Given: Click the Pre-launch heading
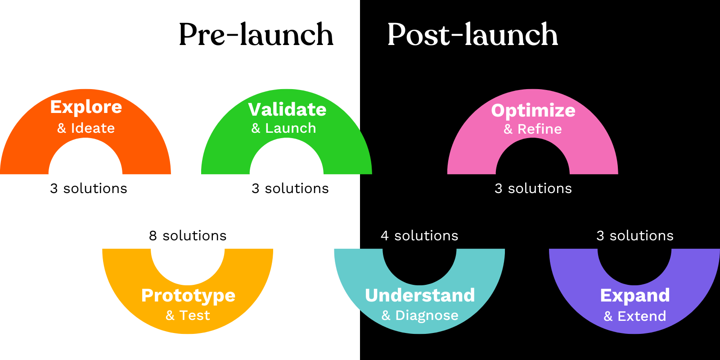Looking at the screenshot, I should [x=256, y=35].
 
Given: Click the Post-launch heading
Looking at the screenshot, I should [x=472, y=35].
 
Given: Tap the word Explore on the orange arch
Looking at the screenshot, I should [x=86, y=107].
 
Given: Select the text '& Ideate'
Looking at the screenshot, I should [x=86, y=128].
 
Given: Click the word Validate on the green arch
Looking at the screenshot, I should [x=287, y=109].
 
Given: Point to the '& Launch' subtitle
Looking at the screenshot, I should [x=283, y=128].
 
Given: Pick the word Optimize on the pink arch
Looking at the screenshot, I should [x=533, y=110].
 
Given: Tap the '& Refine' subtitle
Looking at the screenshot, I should [x=533, y=129].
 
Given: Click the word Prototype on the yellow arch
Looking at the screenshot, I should [x=188, y=296].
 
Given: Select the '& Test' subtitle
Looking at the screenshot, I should [x=188, y=315].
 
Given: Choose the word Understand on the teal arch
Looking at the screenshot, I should [x=420, y=296].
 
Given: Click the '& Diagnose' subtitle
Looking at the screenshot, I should [x=420, y=315].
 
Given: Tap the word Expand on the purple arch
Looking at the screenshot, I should [x=635, y=296].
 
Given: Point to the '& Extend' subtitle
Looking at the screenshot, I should [x=634, y=316].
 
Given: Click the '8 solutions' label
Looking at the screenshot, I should [x=188, y=236].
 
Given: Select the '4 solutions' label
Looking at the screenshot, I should [x=419, y=236].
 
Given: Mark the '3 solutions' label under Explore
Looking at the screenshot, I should [x=89, y=189].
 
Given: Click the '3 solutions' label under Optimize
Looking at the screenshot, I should [x=533, y=189].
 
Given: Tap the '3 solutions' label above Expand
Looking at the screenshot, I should [x=635, y=236].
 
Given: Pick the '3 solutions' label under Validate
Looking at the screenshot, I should [x=290, y=189].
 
